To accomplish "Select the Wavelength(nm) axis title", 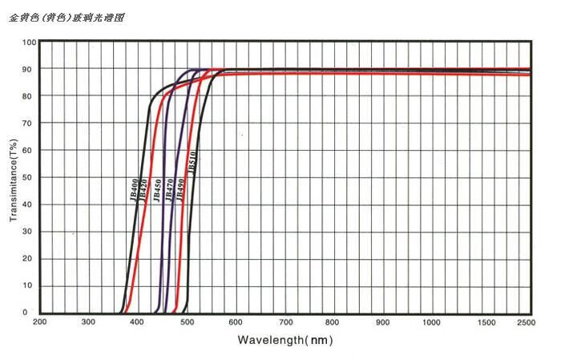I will coord(284,340).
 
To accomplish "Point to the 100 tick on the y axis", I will coord(29,42).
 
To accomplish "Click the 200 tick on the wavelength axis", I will coord(40,322).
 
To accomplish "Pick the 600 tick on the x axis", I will coord(236,322).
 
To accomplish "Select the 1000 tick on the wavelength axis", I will coord(432,322).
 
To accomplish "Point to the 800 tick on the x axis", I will coord(334,322).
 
